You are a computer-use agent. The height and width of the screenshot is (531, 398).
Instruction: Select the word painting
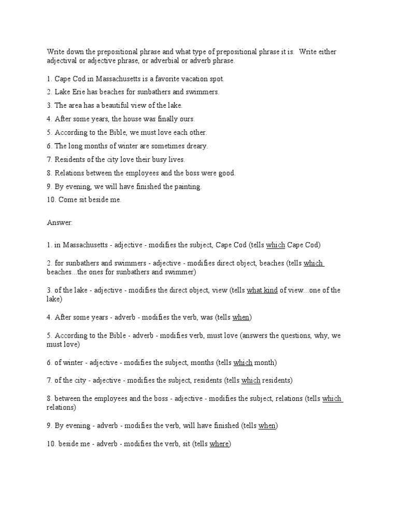187,186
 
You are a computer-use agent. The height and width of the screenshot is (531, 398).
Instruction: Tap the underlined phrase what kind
262,290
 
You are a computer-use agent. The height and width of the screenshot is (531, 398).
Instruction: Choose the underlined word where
219,444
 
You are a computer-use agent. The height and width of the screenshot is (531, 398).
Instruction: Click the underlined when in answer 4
241,317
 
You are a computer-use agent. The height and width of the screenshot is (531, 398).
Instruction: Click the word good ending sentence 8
226,173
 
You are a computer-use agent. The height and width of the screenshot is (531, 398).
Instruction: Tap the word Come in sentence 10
68,200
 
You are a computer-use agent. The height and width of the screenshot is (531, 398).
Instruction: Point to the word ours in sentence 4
186,119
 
